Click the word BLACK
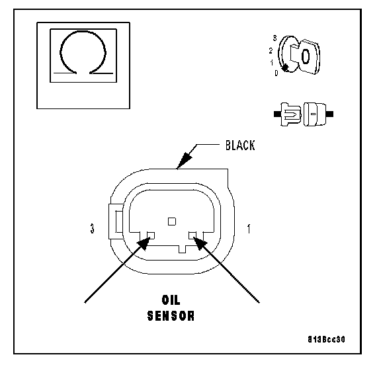240,145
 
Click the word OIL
171,300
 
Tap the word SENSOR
171,315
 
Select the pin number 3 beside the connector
92,229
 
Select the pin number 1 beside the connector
249,229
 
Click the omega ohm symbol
83,53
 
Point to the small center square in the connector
172,222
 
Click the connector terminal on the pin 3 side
151,235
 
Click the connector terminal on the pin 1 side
193,235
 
